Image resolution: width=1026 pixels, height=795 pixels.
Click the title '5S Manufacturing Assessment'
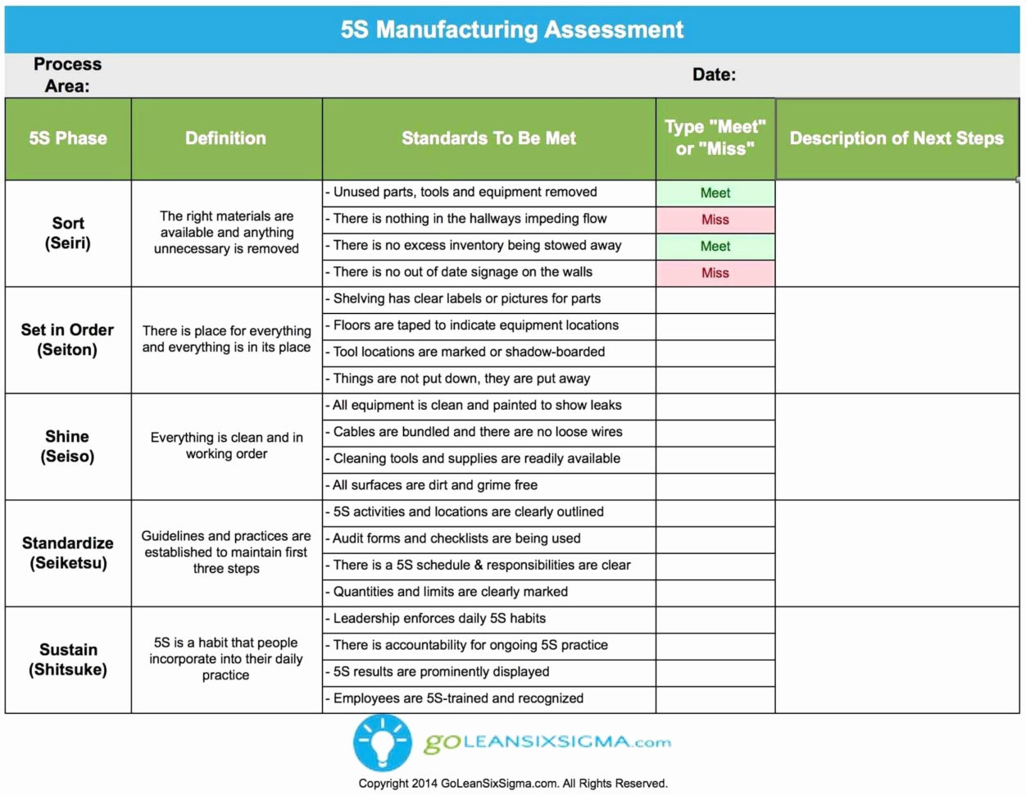[x=512, y=30]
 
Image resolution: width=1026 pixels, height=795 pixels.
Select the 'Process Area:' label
[x=67, y=75]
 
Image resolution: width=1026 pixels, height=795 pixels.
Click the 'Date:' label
[x=714, y=75]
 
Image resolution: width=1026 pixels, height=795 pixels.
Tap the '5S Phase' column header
[x=68, y=139]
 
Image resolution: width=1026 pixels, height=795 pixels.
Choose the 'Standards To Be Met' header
[x=488, y=139]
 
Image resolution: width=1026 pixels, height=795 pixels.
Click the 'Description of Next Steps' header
[x=897, y=139]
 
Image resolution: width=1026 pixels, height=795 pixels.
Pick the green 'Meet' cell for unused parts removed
[x=715, y=193]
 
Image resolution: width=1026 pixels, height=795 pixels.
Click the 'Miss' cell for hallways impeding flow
[x=715, y=220]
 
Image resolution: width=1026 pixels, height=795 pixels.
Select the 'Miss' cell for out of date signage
[x=715, y=273]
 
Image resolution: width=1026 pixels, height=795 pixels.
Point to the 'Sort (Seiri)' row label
[x=68, y=233]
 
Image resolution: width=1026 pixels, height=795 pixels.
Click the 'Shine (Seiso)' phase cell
[x=68, y=447]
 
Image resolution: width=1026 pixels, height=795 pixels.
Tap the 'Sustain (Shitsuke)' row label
[x=68, y=660]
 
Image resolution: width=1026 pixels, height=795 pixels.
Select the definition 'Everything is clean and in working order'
[x=226, y=446]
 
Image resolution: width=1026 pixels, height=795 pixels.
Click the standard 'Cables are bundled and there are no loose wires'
[x=478, y=432]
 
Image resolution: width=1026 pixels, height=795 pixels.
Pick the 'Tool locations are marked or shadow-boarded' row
[x=469, y=352]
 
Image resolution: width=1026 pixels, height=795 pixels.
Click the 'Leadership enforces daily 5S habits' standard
[x=439, y=619]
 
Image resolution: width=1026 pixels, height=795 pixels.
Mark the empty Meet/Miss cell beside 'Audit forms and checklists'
[x=715, y=539]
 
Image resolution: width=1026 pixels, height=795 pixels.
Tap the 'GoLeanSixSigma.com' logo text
[x=547, y=743]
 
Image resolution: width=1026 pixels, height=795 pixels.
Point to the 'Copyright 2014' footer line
[x=512, y=784]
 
